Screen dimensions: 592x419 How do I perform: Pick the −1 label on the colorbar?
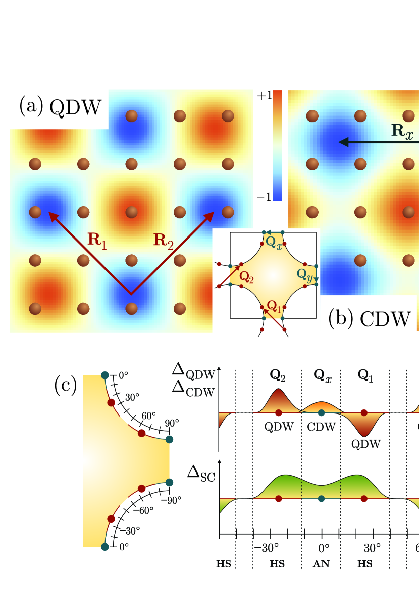point(266,197)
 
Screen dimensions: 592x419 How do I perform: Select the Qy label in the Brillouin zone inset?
point(304,275)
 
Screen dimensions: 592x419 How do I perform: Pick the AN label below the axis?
point(321,564)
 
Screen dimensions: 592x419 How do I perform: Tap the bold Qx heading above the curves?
point(321,375)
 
